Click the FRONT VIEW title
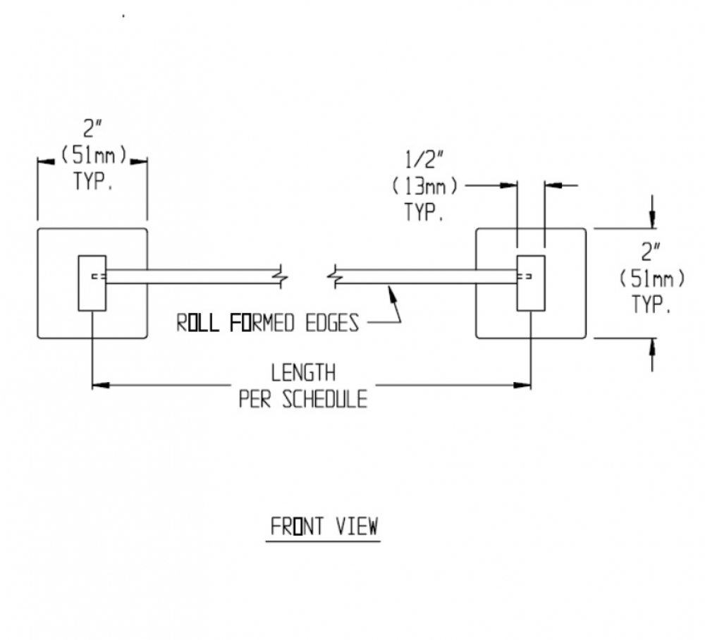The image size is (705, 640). point(324,527)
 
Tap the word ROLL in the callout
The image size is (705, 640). point(197,323)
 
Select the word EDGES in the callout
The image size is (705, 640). point(332,323)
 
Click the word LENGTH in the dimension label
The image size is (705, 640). point(303,373)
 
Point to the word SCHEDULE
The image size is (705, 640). point(324,399)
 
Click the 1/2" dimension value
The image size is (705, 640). point(424,159)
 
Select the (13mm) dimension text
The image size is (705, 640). point(425,186)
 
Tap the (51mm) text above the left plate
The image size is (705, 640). point(94,156)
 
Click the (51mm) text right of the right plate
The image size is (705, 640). point(652,278)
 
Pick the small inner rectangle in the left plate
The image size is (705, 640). point(92,283)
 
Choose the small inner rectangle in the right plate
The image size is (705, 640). point(531,283)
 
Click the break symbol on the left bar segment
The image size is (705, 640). point(282,277)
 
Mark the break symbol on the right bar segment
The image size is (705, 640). point(334,277)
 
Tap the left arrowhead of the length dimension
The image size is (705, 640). point(101,385)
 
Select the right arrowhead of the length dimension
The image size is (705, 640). point(522,385)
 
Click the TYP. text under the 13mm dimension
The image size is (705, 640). point(424,212)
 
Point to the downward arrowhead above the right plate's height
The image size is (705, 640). point(653,220)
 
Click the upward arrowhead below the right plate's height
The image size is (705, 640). point(653,347)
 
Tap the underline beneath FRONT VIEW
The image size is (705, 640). point(324,541)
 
